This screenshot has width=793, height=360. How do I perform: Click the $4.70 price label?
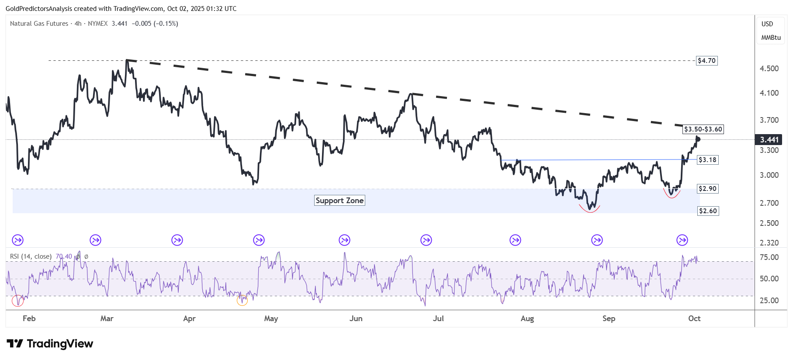pos(706,61)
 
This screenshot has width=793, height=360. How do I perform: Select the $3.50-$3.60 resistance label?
pos(703,129)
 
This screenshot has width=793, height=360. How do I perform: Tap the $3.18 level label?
pos(707,160)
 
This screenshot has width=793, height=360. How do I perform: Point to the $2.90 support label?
pos(707,189)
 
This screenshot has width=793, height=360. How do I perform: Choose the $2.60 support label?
pos(708,211)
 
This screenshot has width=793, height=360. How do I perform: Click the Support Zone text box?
pos(339,201)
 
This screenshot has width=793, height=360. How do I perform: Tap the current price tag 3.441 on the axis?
pos(769,140)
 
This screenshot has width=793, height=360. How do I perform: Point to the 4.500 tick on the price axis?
pos(769,69)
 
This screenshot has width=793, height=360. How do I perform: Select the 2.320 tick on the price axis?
pos(769,243)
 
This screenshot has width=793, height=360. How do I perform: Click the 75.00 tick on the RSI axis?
pos(769,257)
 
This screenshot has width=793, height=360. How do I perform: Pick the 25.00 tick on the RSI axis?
pos(769,301)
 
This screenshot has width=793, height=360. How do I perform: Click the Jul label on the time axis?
pos(438,318)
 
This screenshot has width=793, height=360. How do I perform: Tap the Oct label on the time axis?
pos(694,318)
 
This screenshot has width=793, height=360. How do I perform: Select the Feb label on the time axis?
pos(29,318)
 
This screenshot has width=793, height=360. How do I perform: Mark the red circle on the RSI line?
pos(17,301)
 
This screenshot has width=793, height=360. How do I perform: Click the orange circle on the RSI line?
pos(242,300)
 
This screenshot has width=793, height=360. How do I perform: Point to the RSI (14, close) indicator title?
pos(31,256)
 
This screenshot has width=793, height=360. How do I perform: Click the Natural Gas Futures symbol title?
pos(39,24)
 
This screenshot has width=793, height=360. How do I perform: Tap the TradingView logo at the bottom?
pos(50,344)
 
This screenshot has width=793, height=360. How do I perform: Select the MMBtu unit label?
pos(771,38)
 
